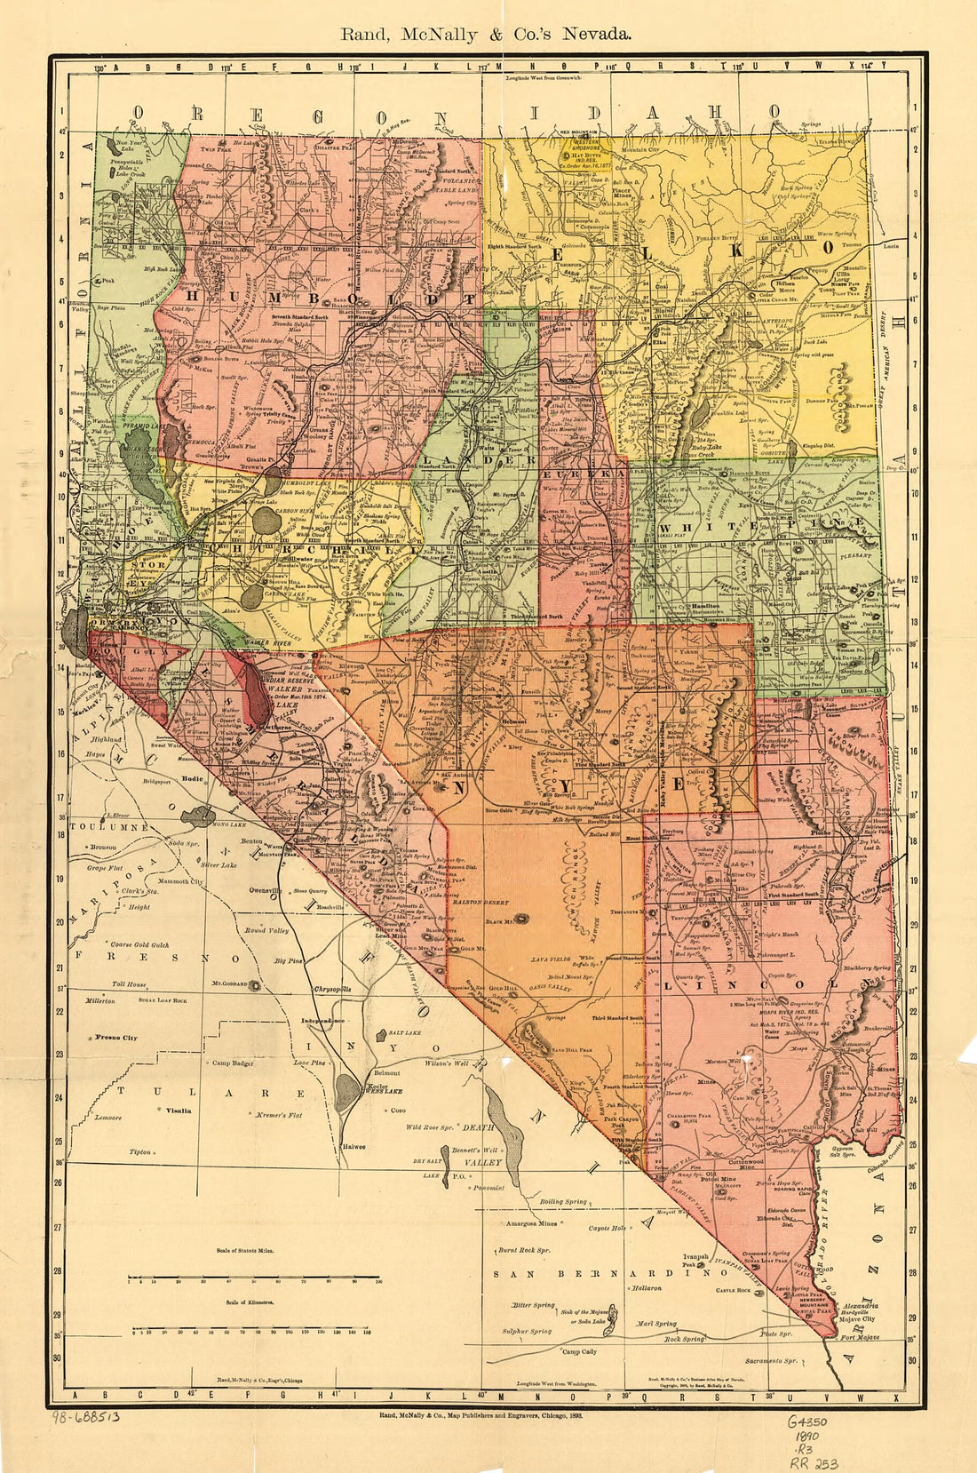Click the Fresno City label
click(116, 1038)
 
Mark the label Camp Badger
click(233, 1063)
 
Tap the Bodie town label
click(192, 779)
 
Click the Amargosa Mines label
click(531, 1223)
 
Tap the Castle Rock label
click(733, 1290)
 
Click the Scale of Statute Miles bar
click(253, 1280)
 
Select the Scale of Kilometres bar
click(250, 1330)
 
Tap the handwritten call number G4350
click(807, 1421)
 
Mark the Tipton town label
click(139, 1152)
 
